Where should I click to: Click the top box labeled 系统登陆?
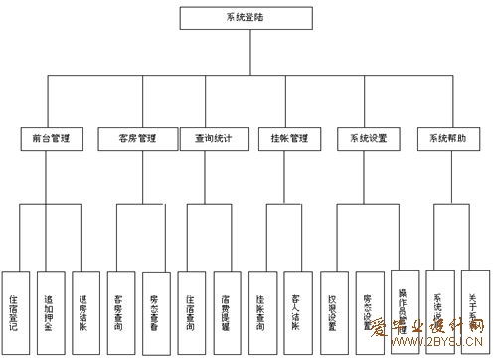coord(240,17)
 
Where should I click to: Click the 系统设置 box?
coord(369,139)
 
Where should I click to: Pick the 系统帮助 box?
coord(447,139)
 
